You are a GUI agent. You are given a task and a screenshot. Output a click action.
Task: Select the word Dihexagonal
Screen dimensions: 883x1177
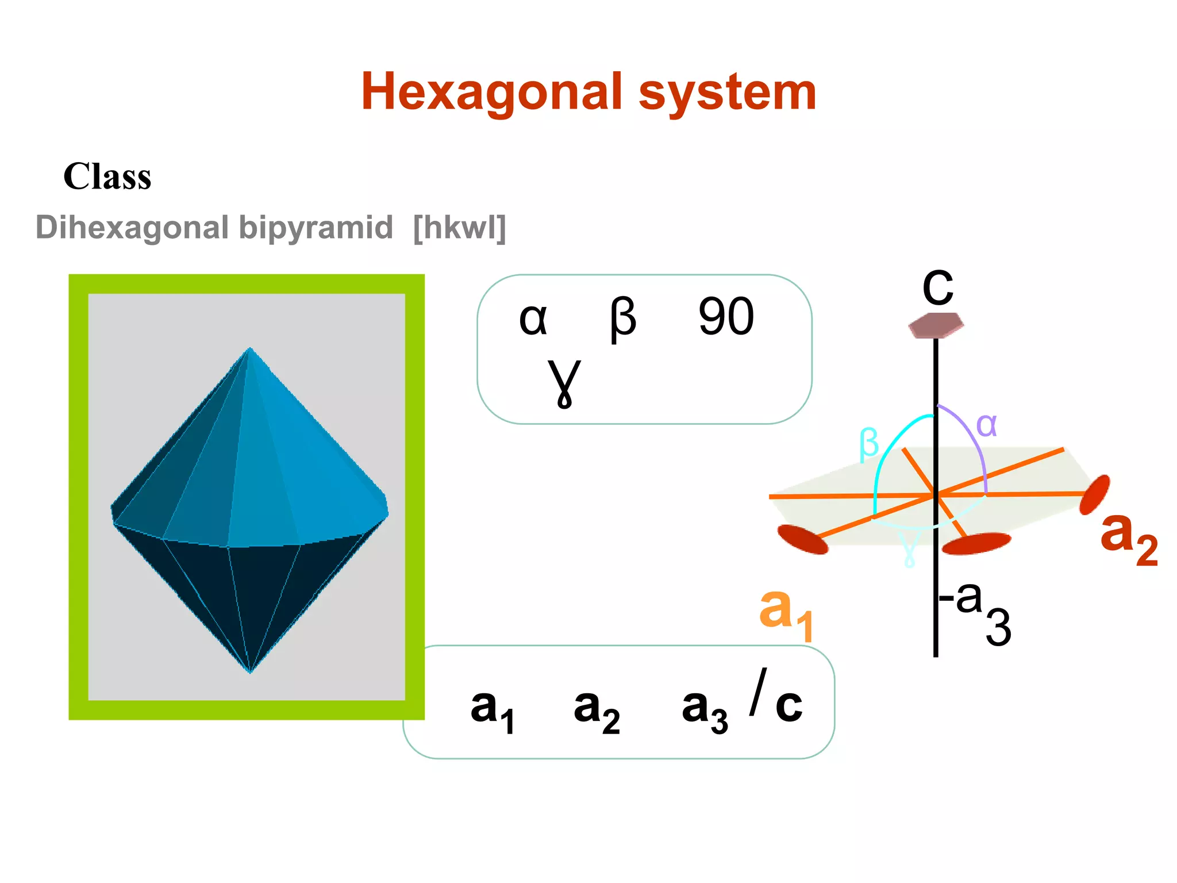(x=132, y=228)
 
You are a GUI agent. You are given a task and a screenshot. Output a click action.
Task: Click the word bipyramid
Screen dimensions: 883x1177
(x=316, y=228)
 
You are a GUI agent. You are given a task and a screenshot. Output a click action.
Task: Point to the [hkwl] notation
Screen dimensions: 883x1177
(x=459, y=228)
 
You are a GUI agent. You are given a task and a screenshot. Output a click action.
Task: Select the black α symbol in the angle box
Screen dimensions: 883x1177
(x=533, y=320)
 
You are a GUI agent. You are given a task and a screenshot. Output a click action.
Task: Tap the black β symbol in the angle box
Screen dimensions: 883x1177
(x=623, y=320)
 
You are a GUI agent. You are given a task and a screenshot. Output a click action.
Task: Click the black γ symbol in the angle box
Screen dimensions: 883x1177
(x=564, y=382)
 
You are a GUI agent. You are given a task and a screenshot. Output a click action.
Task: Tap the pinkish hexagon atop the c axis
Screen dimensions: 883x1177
(x=936, y=325)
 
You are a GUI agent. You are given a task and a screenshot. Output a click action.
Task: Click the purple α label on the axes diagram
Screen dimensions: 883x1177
(x=986, y=426)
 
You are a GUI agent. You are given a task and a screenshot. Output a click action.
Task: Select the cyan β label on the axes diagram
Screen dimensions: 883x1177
(x=868, y=444)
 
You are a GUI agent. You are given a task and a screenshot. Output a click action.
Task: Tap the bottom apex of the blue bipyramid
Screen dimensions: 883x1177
(x=250, y=671)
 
